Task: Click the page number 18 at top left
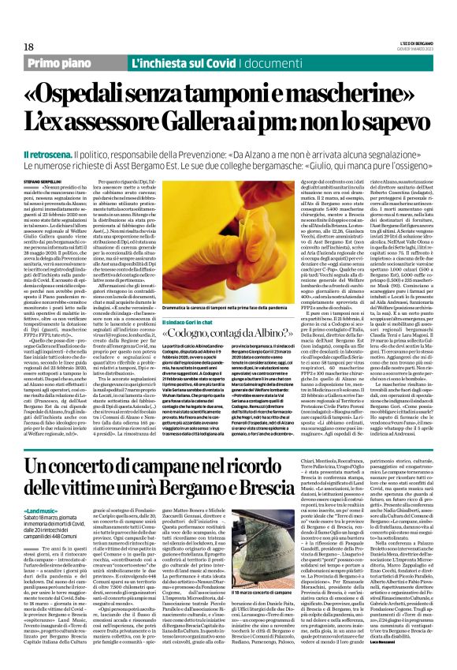[x=17, y=25]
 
